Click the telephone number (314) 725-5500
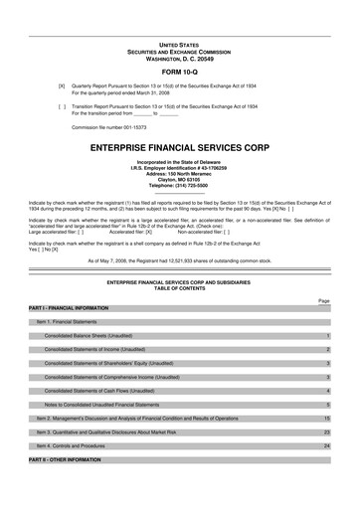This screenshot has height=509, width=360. [x=179, y=186]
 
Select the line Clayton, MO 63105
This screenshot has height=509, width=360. [x=179, y=180]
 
